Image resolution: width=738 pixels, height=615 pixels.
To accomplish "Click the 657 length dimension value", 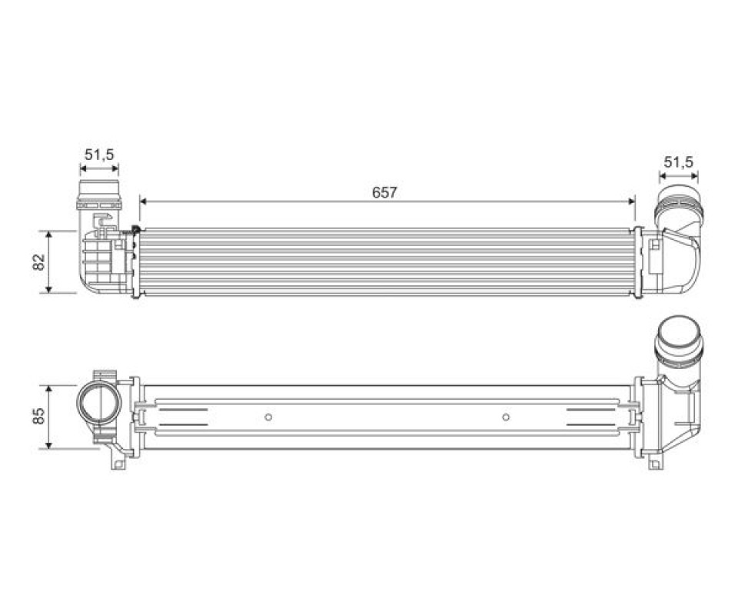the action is (384, 192).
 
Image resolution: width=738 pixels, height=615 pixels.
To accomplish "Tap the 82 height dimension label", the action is (38, 261).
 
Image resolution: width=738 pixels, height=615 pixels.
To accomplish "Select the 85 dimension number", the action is (38, 415).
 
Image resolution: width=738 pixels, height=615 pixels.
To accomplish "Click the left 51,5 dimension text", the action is (99, 155).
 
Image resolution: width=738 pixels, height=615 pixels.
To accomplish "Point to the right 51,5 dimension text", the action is (679, 162).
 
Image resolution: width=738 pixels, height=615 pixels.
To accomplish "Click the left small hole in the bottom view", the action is (268, 417).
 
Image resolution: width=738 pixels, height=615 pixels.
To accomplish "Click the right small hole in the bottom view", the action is (506, 417).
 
